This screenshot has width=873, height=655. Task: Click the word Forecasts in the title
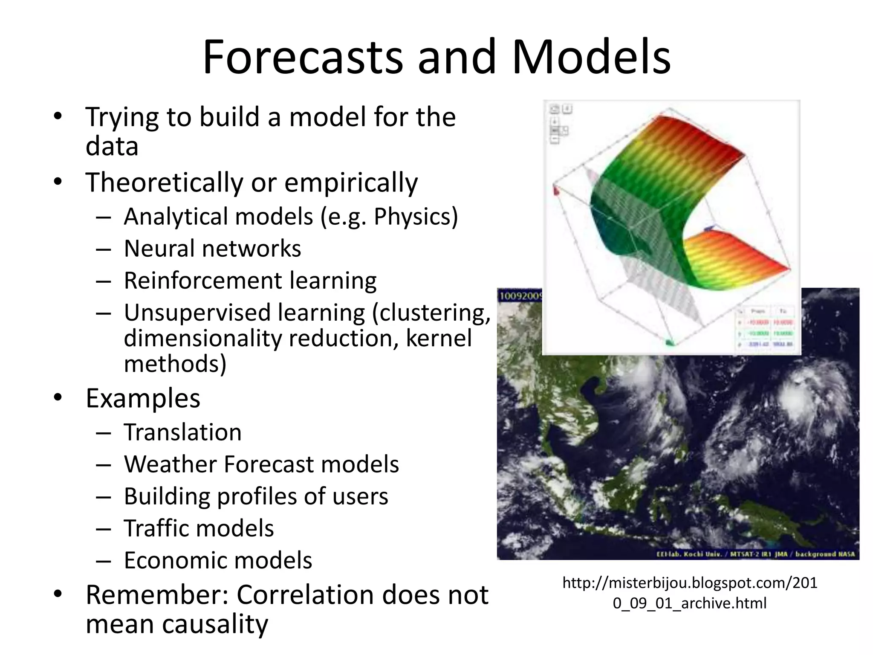point(303,58)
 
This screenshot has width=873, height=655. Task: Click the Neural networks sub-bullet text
point(212,249)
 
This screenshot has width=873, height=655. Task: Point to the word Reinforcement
point(203,281)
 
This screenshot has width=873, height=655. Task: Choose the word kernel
point(439,339)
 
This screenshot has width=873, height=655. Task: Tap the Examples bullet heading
point(143,398)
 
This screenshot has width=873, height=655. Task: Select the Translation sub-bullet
point(182,432)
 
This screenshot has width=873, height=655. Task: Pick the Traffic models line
point(199,528)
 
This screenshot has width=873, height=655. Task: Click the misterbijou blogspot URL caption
point(690,593)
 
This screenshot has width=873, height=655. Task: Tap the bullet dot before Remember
point(58,594)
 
